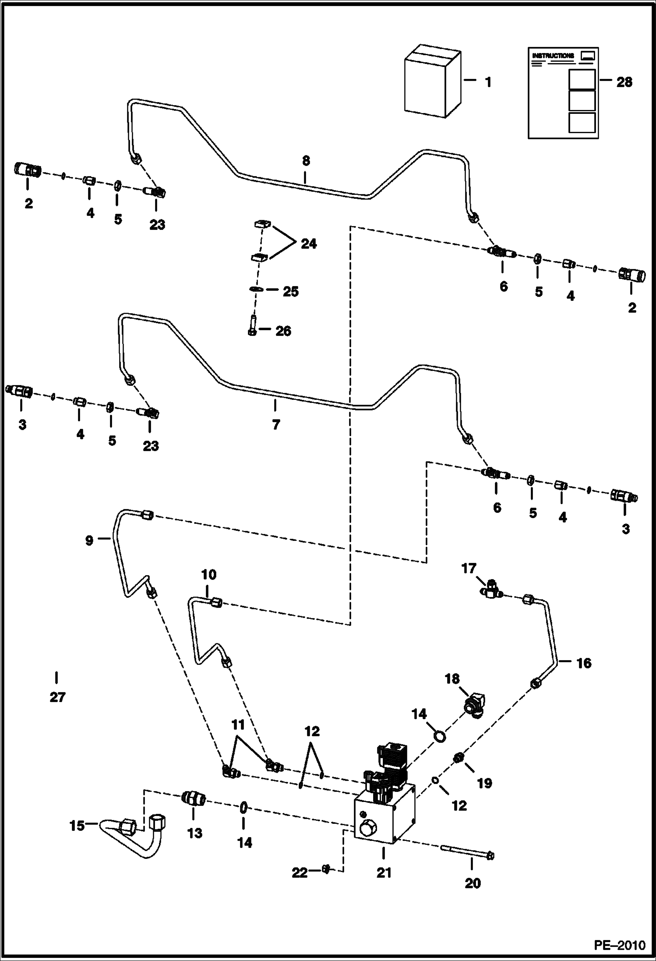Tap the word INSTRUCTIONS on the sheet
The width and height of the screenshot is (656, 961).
[553, 56]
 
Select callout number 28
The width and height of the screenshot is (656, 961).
[624, 82]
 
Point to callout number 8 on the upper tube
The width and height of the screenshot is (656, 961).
[306, 161]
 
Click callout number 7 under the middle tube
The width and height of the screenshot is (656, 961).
[275, 424]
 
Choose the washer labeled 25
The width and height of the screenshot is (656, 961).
[256, 289]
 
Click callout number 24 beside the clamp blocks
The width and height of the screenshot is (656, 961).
[308, 244]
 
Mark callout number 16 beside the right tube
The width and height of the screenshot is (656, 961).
[584, 663]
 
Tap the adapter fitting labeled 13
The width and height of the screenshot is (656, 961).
[193, 798]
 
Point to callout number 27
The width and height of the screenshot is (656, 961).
[57, 697]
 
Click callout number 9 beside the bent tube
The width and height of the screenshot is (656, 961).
[89, 541]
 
